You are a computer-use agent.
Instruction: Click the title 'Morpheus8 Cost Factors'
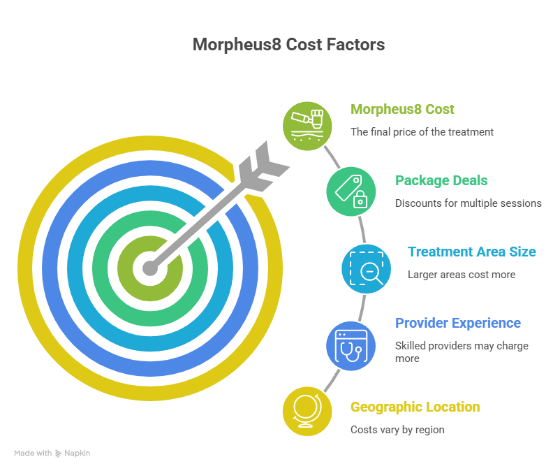click(288, 45)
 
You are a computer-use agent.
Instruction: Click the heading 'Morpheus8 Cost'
click(402, 110)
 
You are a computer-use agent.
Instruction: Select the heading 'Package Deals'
click(441, 180)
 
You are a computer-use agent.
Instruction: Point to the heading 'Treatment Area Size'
click(472, 252)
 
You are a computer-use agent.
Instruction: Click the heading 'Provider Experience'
click(458, 323)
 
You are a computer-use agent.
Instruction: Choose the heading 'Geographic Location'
click(415, 407)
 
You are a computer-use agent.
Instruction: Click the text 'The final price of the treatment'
click(422, 131)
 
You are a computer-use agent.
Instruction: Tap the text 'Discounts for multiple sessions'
click(468, 203)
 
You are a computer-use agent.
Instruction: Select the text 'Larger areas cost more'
click(462, 275)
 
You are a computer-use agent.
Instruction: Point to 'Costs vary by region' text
click(397, 430)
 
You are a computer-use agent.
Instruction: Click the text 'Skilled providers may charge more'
click(461, 352)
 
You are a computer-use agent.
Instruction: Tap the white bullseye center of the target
click(149, 268)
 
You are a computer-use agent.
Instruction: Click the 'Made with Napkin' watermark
click(52, 453)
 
